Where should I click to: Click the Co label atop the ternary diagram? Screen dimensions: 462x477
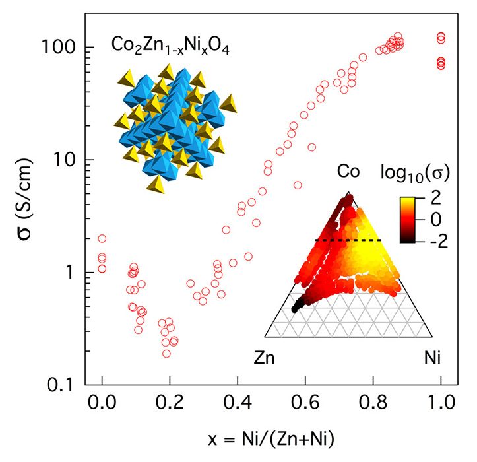pos(348,172)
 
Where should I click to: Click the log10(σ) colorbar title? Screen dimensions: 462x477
pos(416,173)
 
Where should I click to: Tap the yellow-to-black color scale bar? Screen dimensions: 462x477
pos(413,218)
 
